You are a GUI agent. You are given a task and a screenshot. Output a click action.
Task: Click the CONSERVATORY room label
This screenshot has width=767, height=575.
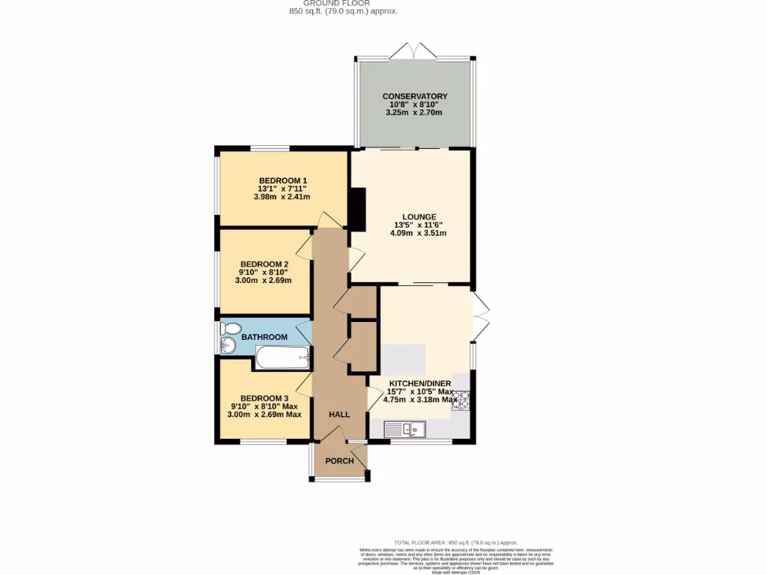(x=414, y=97)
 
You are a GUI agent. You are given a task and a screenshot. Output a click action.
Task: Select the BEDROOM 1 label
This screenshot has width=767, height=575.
(x=283, y=180)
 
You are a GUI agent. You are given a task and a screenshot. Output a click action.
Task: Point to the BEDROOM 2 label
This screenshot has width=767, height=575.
(x=264, y=264)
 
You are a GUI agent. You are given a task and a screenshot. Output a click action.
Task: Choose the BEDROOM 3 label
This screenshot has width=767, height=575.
(x=264, y=398)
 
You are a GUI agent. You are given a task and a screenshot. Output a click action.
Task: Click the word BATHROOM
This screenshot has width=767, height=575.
(x=264, y=337)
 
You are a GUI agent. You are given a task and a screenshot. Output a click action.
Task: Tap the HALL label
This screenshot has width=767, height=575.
(x=339, y=414)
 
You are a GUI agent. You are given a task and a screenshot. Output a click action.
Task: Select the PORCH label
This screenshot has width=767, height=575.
(x=339, y=460)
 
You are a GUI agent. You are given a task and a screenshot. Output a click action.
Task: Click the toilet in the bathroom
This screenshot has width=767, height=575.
(x=231, y=329)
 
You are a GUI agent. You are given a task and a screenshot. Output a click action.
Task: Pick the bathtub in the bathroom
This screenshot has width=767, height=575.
(x=282, y=357)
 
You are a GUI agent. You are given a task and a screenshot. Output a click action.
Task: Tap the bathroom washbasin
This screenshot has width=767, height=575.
(x=228, y=345)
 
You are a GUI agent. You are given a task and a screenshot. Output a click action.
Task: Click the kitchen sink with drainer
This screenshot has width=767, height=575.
(x=404, y=429)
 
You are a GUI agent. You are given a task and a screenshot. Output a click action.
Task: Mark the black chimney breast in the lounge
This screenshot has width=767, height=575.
(x=358, y=209)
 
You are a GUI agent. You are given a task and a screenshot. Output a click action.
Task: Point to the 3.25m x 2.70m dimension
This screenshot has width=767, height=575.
(x=414, y=113)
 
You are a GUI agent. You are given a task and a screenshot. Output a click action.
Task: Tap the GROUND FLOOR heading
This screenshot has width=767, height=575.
(x=343, y=3)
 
